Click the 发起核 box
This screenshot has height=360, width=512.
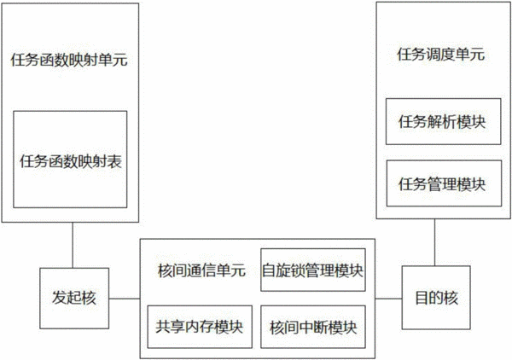74,299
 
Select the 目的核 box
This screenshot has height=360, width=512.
436,298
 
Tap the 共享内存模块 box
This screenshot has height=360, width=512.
200,327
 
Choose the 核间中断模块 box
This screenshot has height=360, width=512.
313,327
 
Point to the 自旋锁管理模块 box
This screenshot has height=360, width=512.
313,270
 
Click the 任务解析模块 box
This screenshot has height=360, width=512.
443,121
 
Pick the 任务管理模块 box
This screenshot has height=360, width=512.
444,183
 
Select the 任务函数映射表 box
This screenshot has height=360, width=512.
70,160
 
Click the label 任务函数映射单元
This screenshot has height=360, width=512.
69,60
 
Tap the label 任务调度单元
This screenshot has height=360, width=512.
441,55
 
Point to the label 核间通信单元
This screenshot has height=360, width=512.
201,270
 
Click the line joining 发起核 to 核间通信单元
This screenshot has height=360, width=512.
125,299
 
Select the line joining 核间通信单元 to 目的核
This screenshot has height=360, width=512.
388,299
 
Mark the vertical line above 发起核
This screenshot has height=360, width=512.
73,245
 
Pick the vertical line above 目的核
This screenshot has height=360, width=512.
434,242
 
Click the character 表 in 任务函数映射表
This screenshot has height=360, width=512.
114,161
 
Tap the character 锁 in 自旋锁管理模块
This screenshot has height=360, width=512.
297,270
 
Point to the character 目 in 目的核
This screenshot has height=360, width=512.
422,298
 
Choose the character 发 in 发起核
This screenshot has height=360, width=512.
60,298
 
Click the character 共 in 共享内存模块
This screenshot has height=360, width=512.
162,327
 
